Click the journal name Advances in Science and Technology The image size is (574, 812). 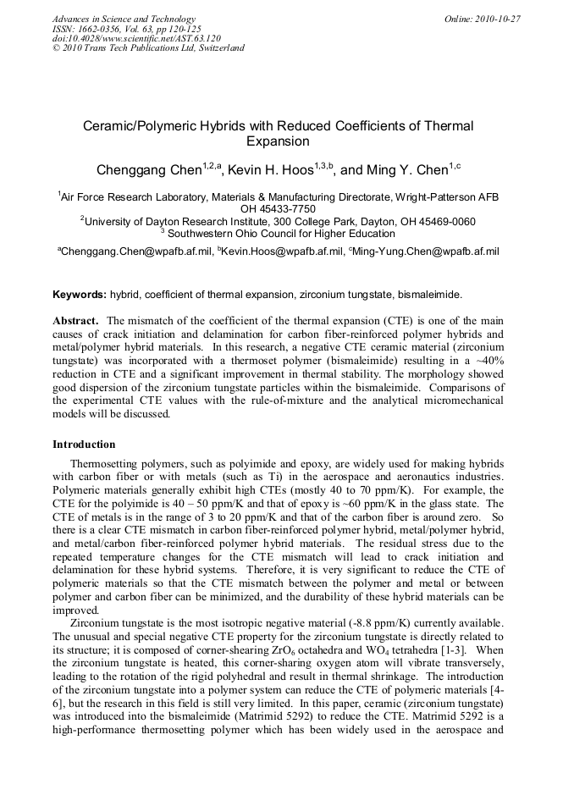(124, 19)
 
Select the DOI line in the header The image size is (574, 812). (136, 38)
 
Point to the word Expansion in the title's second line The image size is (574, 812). (278, 142)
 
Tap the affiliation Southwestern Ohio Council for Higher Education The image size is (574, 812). (281, 234)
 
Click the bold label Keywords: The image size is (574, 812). (80, 295)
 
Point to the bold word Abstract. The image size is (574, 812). (76, 321)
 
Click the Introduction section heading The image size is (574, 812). (84, 445)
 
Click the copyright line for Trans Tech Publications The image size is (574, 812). (148, 48)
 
